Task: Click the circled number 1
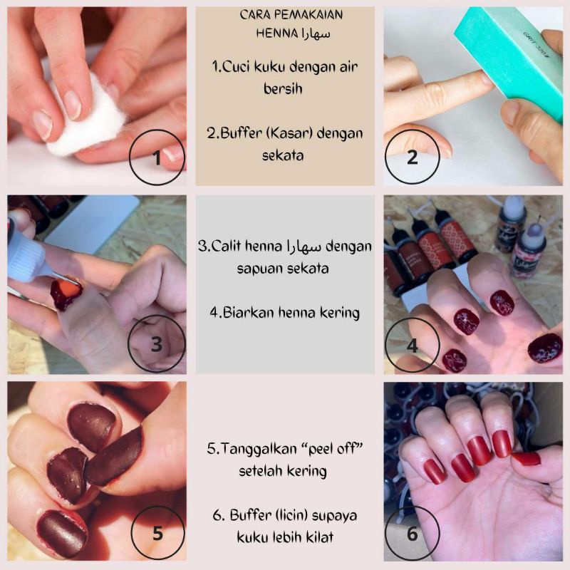157,157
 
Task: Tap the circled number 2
413,157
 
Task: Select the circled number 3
157,343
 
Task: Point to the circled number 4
413,346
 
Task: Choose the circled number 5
157,533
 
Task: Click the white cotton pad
86,115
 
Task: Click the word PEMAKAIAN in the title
308,15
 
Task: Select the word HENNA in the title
277,33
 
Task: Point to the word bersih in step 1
283,88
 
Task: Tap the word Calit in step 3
226,246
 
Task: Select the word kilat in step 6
321,537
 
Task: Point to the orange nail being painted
70,289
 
